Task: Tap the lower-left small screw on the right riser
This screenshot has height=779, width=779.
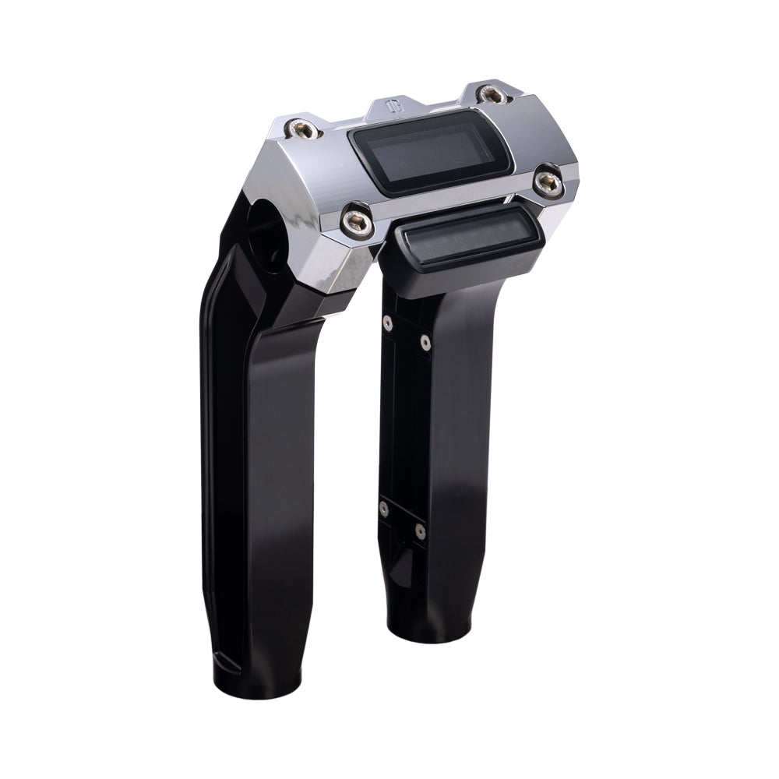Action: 383,509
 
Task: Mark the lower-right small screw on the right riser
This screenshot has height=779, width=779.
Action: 421,532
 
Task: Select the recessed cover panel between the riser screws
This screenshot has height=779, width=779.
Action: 404,425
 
